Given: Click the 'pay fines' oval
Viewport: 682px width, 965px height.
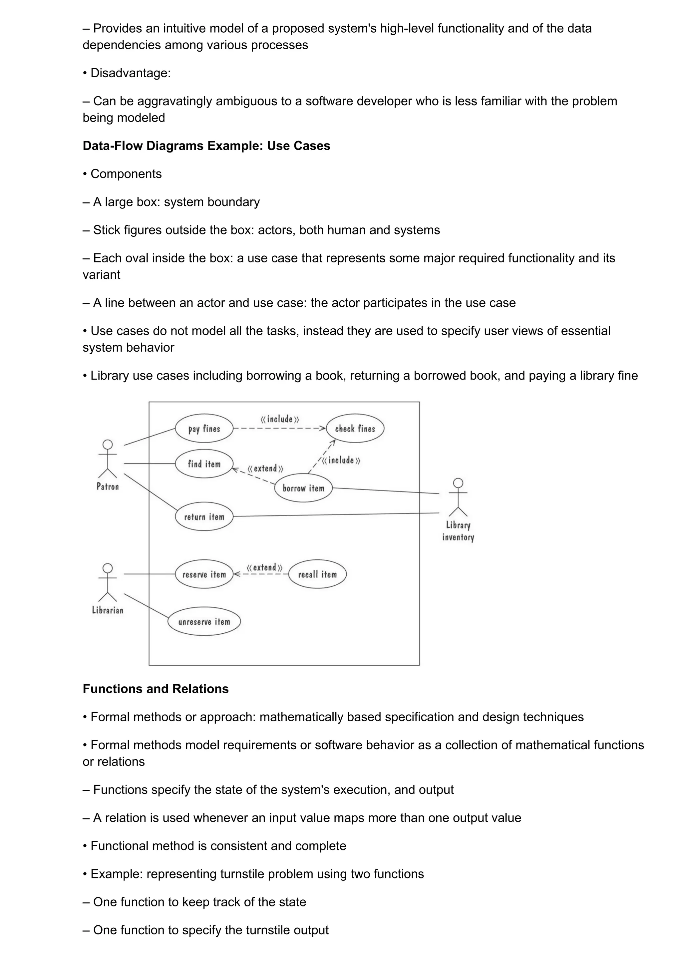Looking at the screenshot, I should click(x=204, y=428).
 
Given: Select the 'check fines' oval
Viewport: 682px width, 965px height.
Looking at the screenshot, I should click(x=355, y=428).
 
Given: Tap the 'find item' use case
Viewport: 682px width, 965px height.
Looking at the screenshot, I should click(x=204, y=464).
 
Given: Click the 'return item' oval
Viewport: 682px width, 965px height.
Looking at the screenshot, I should click(x=204, y=516).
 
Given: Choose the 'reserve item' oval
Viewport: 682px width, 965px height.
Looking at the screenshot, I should click(x=204, y=574).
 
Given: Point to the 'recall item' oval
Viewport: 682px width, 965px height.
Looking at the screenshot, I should click(x=317, y=574).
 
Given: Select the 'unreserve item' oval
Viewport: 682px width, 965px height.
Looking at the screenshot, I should click(x=204, y=622).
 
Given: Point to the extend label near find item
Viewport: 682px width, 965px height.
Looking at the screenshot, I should click(x=265, y=468).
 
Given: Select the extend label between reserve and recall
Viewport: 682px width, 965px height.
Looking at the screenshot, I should click(x=264, y=567).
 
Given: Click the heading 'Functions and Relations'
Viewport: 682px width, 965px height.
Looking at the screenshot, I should click(x=156, y=689).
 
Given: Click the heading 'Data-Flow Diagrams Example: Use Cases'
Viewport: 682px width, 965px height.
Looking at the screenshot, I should click(x=206, y=146).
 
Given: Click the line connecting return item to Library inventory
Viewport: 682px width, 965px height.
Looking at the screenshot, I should click(x=336, y=514).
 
